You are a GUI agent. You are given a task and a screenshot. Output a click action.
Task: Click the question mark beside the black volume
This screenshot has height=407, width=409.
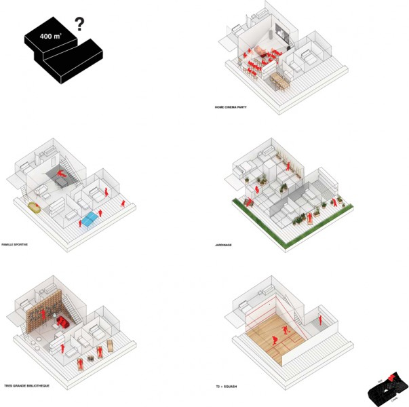[79, 26]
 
